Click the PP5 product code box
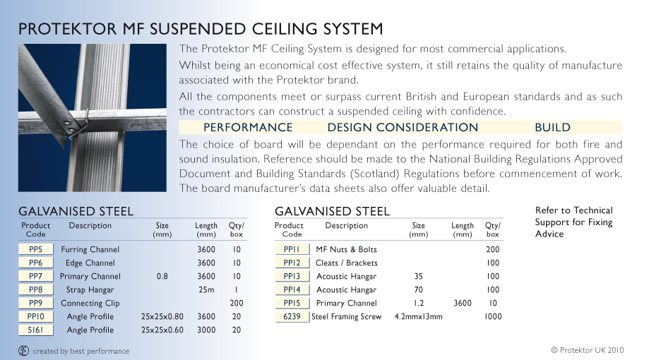click(x=36, y=249)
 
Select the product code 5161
click(x=36, y=330)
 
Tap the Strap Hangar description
click(x=90, y=289)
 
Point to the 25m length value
click(x=206, y=289)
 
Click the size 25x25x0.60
click(x=162, y=330)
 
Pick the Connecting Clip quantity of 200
click(x=237, y=303)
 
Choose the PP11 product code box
click(x=292, y=249)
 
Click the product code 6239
click(x=292, y=316)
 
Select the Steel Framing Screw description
click(x=346, y=316)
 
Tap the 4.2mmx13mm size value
click(x=419, y=316)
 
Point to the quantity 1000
click(x=493, y=316)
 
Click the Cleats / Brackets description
click(x=347, y=263)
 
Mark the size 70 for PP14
click(x=418, y=289)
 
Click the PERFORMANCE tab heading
click(x=248, y=127)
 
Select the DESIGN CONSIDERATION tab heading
click(x=403, y=127)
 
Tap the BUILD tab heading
click(x=553, y=127)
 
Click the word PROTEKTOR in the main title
click(x=68, y=29)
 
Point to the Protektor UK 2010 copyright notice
click(x=588, y=350)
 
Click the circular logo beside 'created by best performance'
click(x=23, y=350)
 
